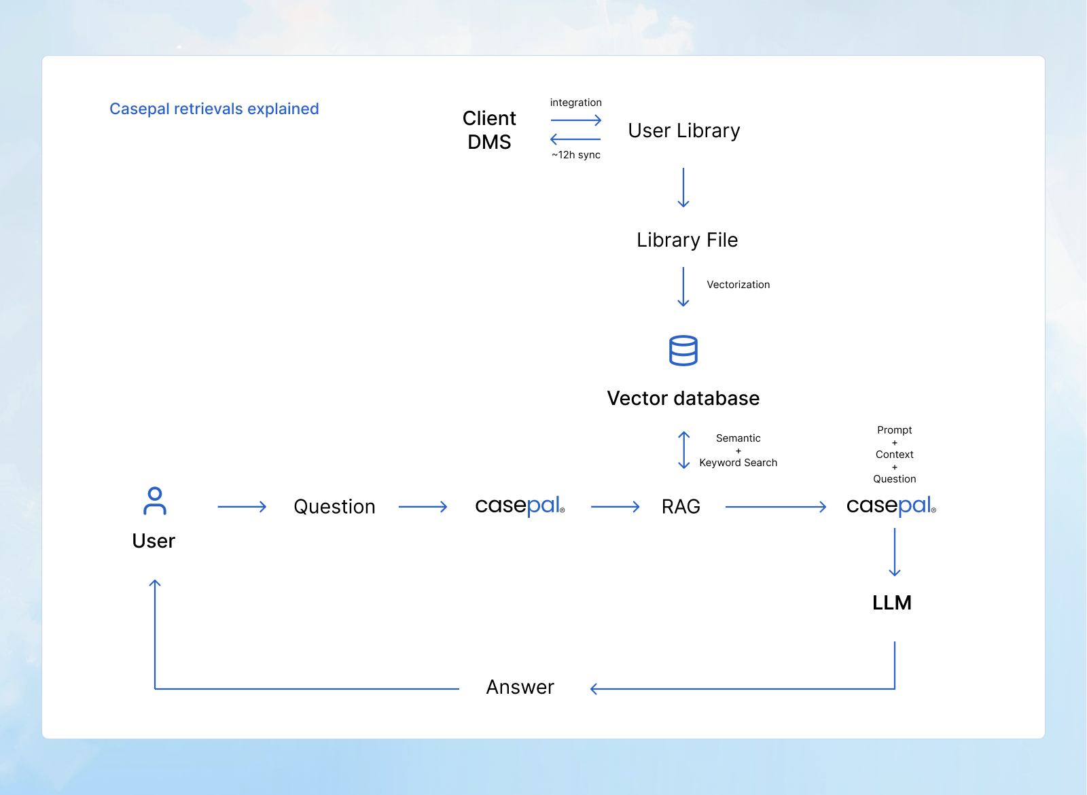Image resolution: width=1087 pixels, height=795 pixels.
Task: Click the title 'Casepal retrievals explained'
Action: (214, 109)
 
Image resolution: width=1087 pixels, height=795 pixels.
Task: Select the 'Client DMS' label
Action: (489, 130)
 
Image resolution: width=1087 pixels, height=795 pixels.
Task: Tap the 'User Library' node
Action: (683, 130)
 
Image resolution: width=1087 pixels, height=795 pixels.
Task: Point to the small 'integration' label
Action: (575, 103)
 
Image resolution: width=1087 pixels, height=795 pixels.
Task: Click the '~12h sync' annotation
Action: (576, 155)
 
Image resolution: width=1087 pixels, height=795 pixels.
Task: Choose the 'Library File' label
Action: (687, 240)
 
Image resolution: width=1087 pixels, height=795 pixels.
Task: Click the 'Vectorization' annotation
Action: (738, 285)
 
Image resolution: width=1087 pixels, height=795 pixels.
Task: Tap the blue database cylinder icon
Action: (683, 351)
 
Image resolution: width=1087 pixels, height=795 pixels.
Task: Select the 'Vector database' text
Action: (683, 398)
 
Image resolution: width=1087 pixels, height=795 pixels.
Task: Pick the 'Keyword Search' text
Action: (738, 463)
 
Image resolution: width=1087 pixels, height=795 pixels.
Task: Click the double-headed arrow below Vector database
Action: (684, 450)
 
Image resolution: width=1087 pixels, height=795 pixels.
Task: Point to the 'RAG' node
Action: (681, 507)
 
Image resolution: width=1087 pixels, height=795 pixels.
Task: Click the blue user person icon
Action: (155, 501)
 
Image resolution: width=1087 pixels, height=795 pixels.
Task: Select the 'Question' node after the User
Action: (334, 507)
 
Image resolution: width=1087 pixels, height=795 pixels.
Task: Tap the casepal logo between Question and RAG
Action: (520, 506)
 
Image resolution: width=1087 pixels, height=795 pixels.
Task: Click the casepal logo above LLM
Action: (891, 506)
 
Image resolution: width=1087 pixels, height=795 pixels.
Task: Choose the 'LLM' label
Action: (891, 603)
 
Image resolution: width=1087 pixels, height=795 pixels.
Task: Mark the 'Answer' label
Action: (520, 688)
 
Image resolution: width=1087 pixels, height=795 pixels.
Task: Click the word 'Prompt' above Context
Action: (894, 430)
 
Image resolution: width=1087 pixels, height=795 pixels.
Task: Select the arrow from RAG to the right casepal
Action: (775, 507)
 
